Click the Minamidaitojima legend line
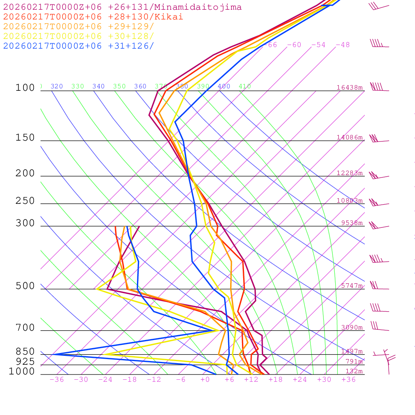(x=122, y=7)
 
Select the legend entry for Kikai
(x=93, y=17)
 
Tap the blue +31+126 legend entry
(x=79, y=46)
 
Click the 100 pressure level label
(x=25, y=88)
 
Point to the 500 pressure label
(x=25, y=286)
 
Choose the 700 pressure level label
(x=25, y=328)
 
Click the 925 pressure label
(x=25, y=361)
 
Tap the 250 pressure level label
(x=25, y=201)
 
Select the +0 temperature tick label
(x=205, y=379)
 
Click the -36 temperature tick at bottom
(x=57, y=379)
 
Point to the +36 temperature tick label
(x=349, y=379)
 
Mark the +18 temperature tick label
(x=276, y=379)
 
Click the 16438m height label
(x=350, y=88)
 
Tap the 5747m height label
(x=352, y=286)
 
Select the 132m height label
(x=354, y=371)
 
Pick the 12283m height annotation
(x=350, y=173)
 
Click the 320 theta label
(x=57, y=86)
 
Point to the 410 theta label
(x=245, y=86)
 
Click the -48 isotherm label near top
(x=343, y=45)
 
